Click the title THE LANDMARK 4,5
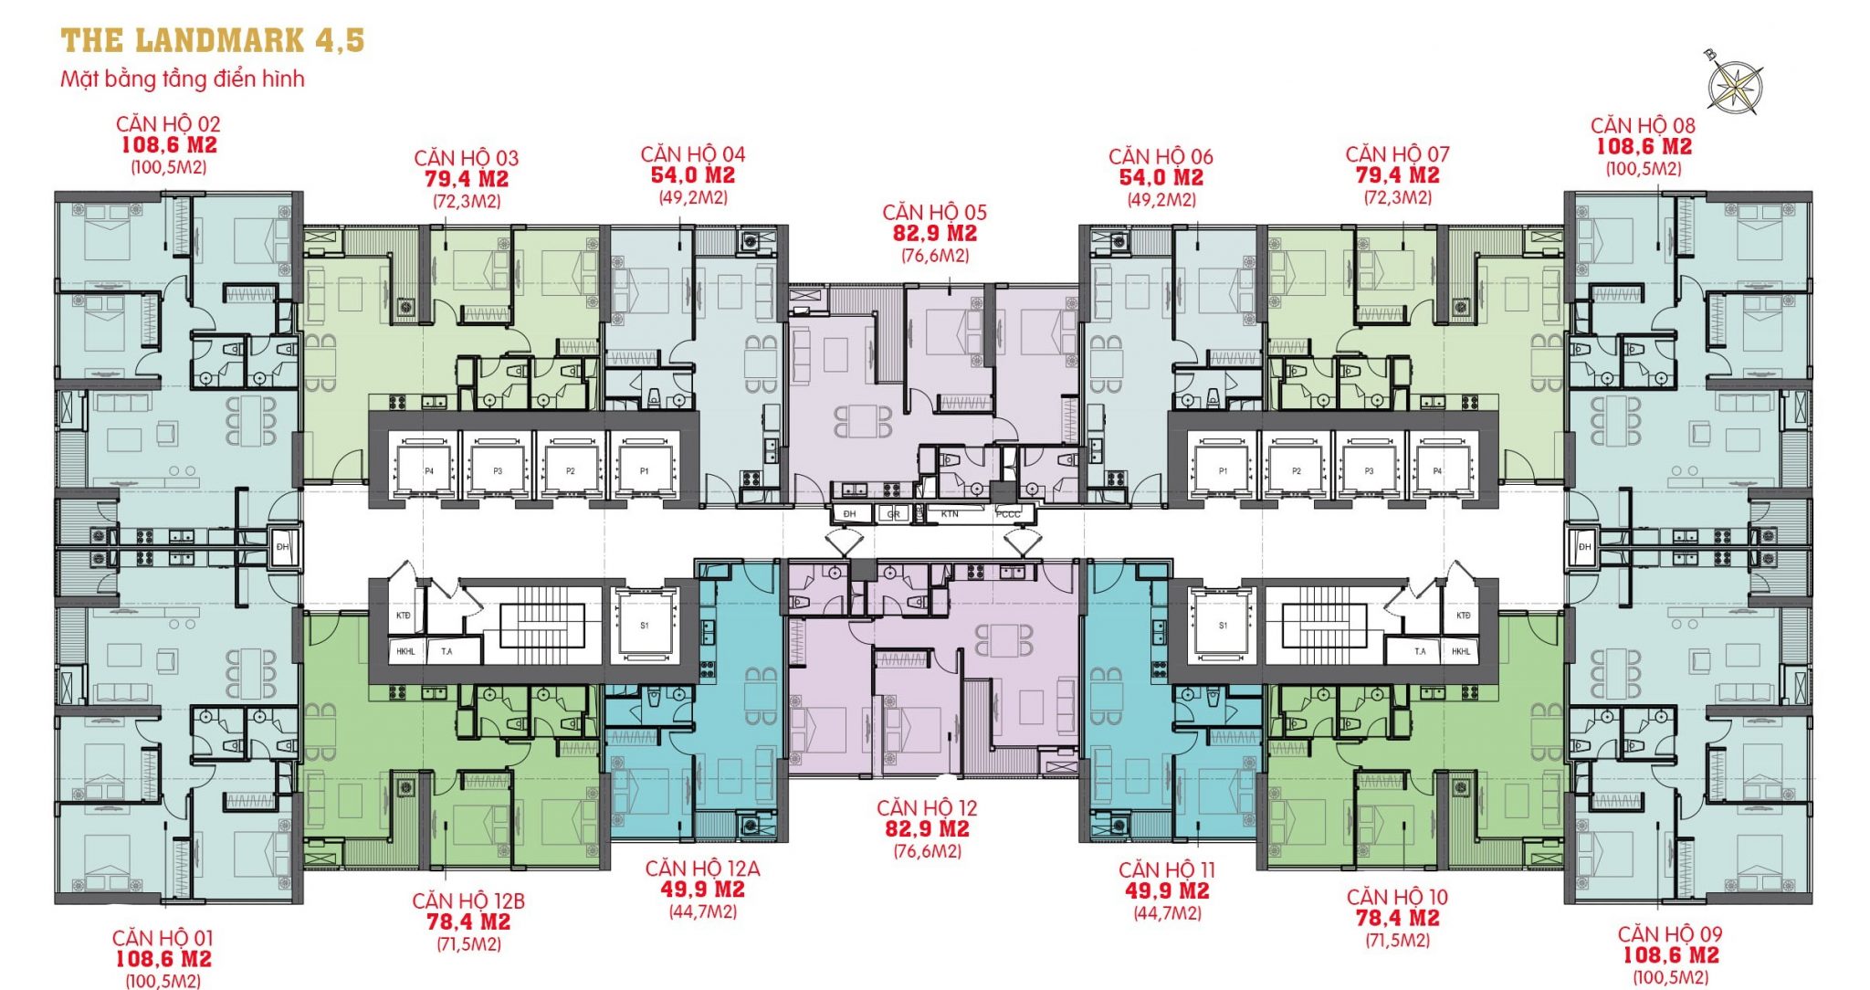[212, 41]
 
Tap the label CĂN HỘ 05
[934, 212]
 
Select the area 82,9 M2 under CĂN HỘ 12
[927, 829]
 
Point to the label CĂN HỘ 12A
[702, 869]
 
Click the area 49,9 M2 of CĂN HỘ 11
[1167, 890]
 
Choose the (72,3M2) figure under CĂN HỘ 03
[467, 202]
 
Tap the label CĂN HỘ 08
[1643, 125]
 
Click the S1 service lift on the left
[645, 625]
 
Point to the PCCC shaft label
[1008, 514]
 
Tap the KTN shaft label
[950, 514]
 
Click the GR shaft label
[893, 514]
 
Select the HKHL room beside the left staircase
[405, 651]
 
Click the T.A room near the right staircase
[1420, 651]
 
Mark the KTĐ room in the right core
[1463, 615]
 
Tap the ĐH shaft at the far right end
[1584, 546]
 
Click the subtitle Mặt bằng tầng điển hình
[183, 79]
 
